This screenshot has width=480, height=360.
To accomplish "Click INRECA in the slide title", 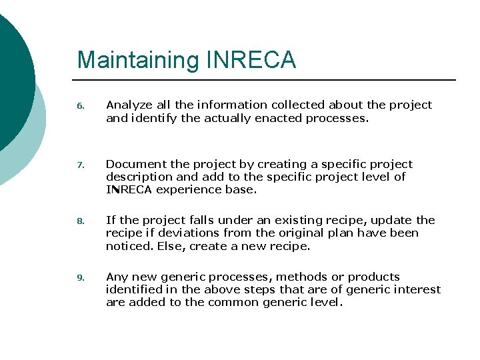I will click(251, 60).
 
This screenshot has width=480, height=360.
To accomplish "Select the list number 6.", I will click(80, 106).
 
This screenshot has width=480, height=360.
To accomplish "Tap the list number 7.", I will click(80, 165).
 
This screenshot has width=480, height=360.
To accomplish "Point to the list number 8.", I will click(80, 221).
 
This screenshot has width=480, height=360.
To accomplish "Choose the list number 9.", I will click(80, 278).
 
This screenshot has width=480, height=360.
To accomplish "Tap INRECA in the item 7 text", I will click(129, 189).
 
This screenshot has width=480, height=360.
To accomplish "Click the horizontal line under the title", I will click(267, 80).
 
